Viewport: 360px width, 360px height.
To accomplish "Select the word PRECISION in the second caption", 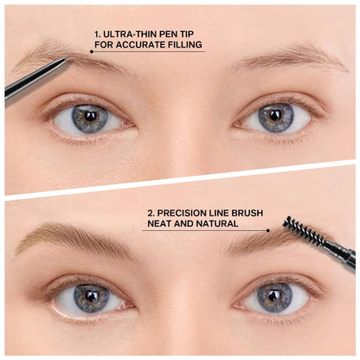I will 180,212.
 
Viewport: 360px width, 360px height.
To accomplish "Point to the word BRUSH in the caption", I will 247,212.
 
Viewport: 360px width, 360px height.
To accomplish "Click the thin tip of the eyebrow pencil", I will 62,61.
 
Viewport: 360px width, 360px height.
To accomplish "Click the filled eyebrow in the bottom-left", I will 74,239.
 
